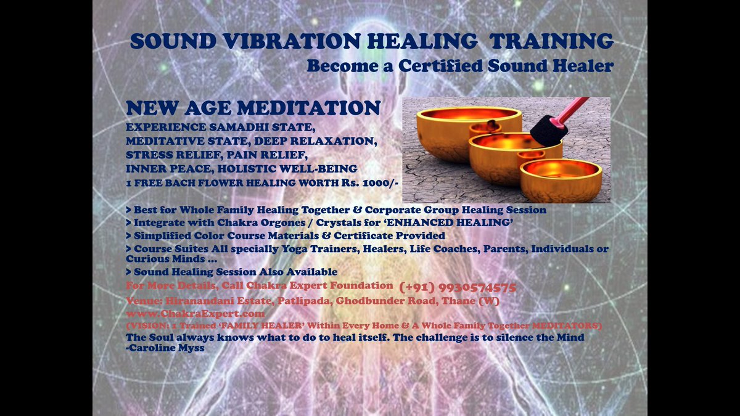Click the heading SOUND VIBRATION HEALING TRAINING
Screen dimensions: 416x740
(372, 42)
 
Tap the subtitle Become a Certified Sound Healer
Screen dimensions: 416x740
(459, 65)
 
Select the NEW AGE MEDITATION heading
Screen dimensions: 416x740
(253, 109)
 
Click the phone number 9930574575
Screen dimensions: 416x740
(458, 287)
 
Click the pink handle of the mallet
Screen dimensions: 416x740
(577, 108)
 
